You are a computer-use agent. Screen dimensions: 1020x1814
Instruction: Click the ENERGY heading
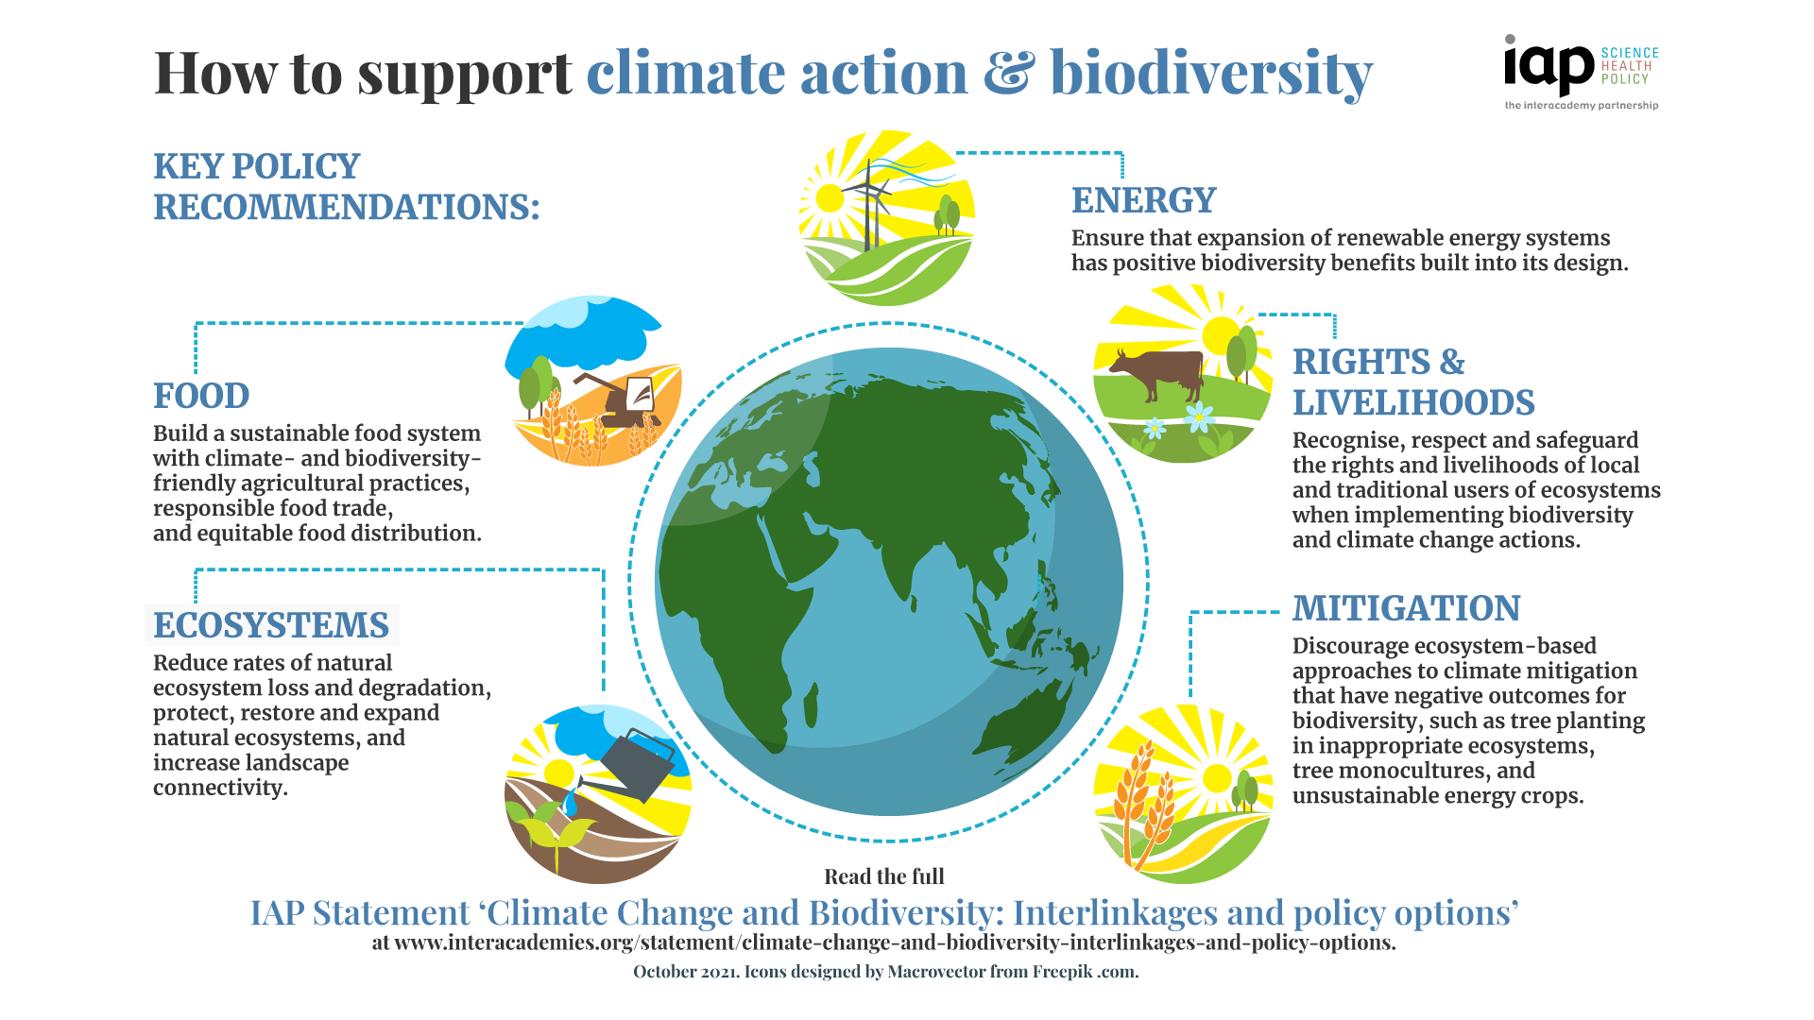click(1143, 200)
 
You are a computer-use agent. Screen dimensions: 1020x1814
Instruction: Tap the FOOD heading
click(201, 396)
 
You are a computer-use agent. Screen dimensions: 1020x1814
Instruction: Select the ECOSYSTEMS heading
click(271, 625)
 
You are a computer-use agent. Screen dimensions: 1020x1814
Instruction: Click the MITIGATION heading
click(1406, 608)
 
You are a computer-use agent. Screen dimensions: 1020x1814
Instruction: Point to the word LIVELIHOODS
click(1413, 403)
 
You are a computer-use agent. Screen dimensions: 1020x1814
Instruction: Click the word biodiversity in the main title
click(1210, 74)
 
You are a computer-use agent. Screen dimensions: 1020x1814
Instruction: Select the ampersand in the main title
click(1009, 74)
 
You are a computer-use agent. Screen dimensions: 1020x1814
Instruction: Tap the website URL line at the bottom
click(883, 943)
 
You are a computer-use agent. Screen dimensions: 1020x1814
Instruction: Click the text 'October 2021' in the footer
click(685, 972)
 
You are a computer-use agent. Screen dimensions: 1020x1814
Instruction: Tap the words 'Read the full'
click(883, 876)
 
